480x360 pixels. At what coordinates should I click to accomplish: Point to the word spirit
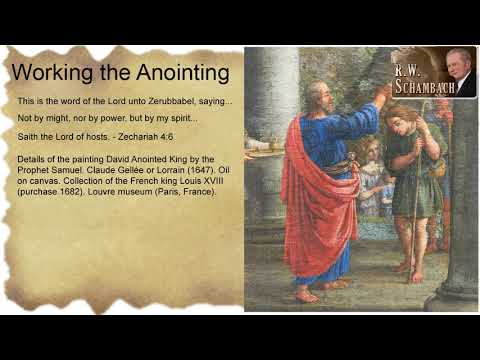tap(184, 119)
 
